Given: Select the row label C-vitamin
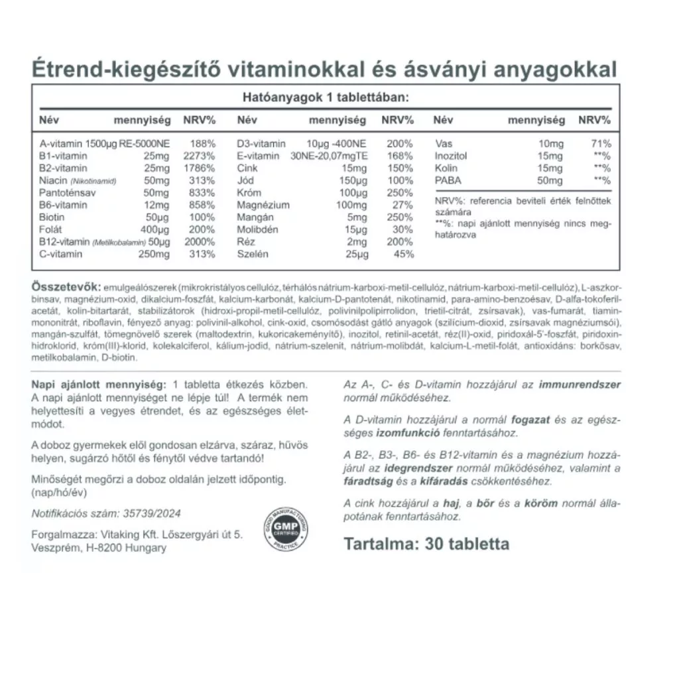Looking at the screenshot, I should click(61, 254).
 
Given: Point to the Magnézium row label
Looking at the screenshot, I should click(263, 205).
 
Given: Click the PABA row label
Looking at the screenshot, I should click(448, 180).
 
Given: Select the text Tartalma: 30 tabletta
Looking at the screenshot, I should click(426, 544).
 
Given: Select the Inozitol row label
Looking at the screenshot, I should click(452, 156).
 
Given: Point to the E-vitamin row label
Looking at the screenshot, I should click(259, 156).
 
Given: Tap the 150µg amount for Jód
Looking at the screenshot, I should click(352, 180).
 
